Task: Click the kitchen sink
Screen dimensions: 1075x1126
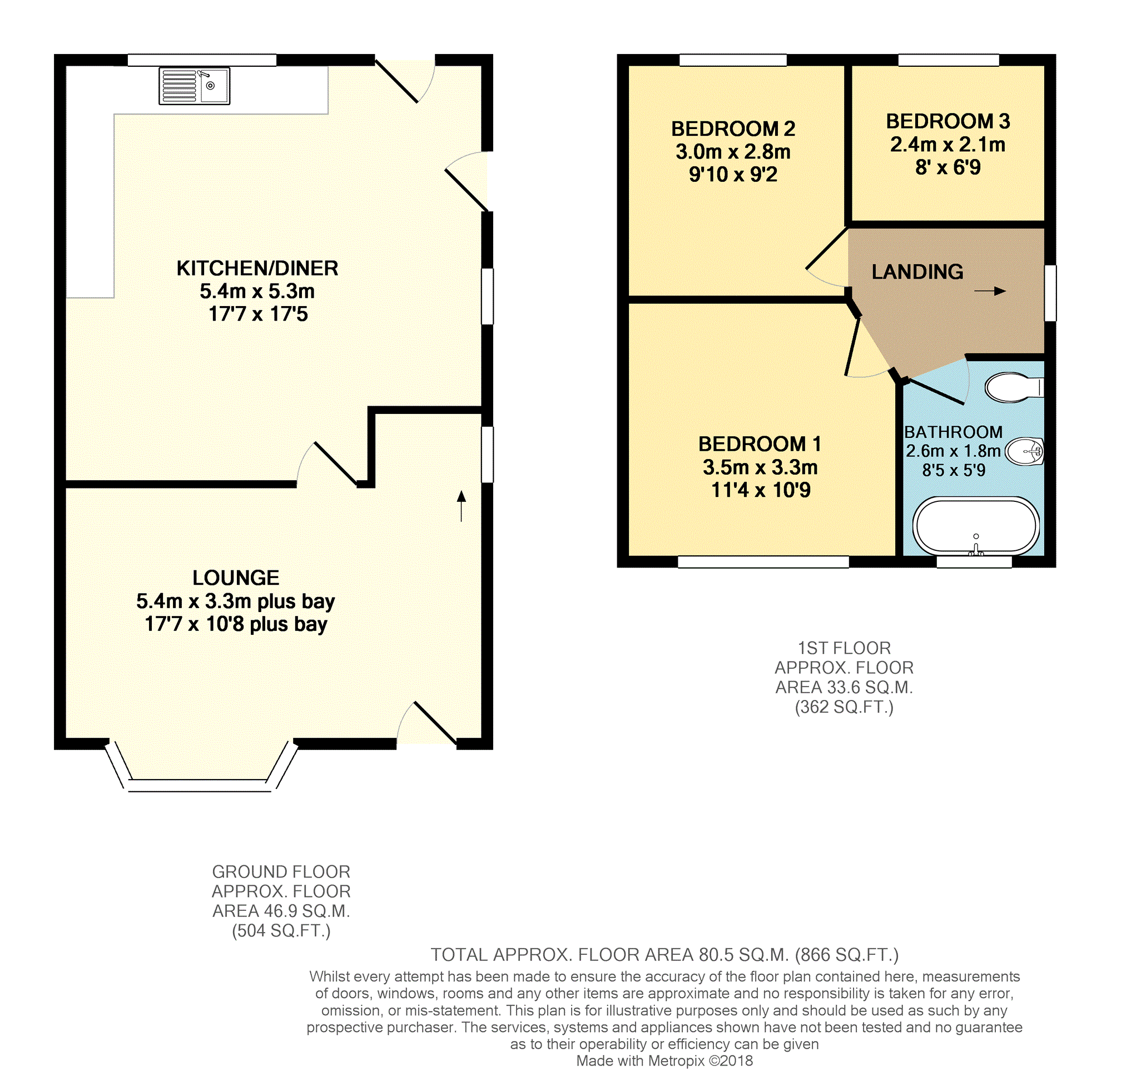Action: tap(194, 86)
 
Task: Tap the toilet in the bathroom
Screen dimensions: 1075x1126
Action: tap(1013, 387)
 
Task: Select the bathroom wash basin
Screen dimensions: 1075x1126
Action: tap(1025, 452)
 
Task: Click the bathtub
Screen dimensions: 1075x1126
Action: tap(975, 526)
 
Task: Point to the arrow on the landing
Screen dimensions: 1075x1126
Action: tap(990, 291)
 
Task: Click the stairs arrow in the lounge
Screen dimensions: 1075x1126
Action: tap(461, 506)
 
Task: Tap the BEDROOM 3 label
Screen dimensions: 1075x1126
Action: tap(948, 121)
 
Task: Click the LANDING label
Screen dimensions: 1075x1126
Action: tap(917, 272)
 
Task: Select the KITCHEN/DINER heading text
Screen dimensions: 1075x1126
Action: tap(257, 268)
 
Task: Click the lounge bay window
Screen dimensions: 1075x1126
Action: tap(199, 785)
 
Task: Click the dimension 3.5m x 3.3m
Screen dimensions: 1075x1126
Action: tap(760, 467)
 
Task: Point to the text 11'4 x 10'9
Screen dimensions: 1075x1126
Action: tap(760, 491)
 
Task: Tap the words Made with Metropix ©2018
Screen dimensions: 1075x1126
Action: tap(664, 1061)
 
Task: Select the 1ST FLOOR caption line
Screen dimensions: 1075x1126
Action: tap(844, 648)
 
